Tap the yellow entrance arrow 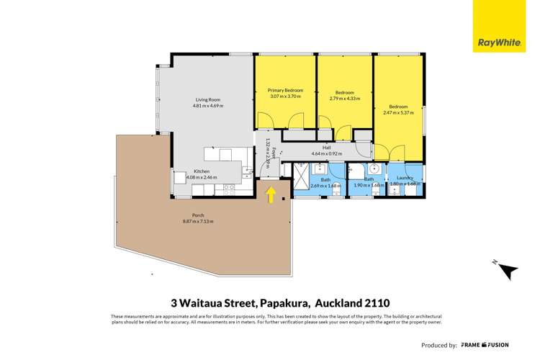tap(271, 194)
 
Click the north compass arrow tap(508, 271)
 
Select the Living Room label tap(208, 100)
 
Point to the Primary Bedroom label tap(285, 90)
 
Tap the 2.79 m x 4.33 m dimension tap(345, 99)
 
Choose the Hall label tap(326, 148)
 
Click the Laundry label tap(404, 178)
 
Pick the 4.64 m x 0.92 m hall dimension tap(326, 153)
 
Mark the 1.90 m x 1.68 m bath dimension tap(369, 185)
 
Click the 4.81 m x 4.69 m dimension tap(208, 106)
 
